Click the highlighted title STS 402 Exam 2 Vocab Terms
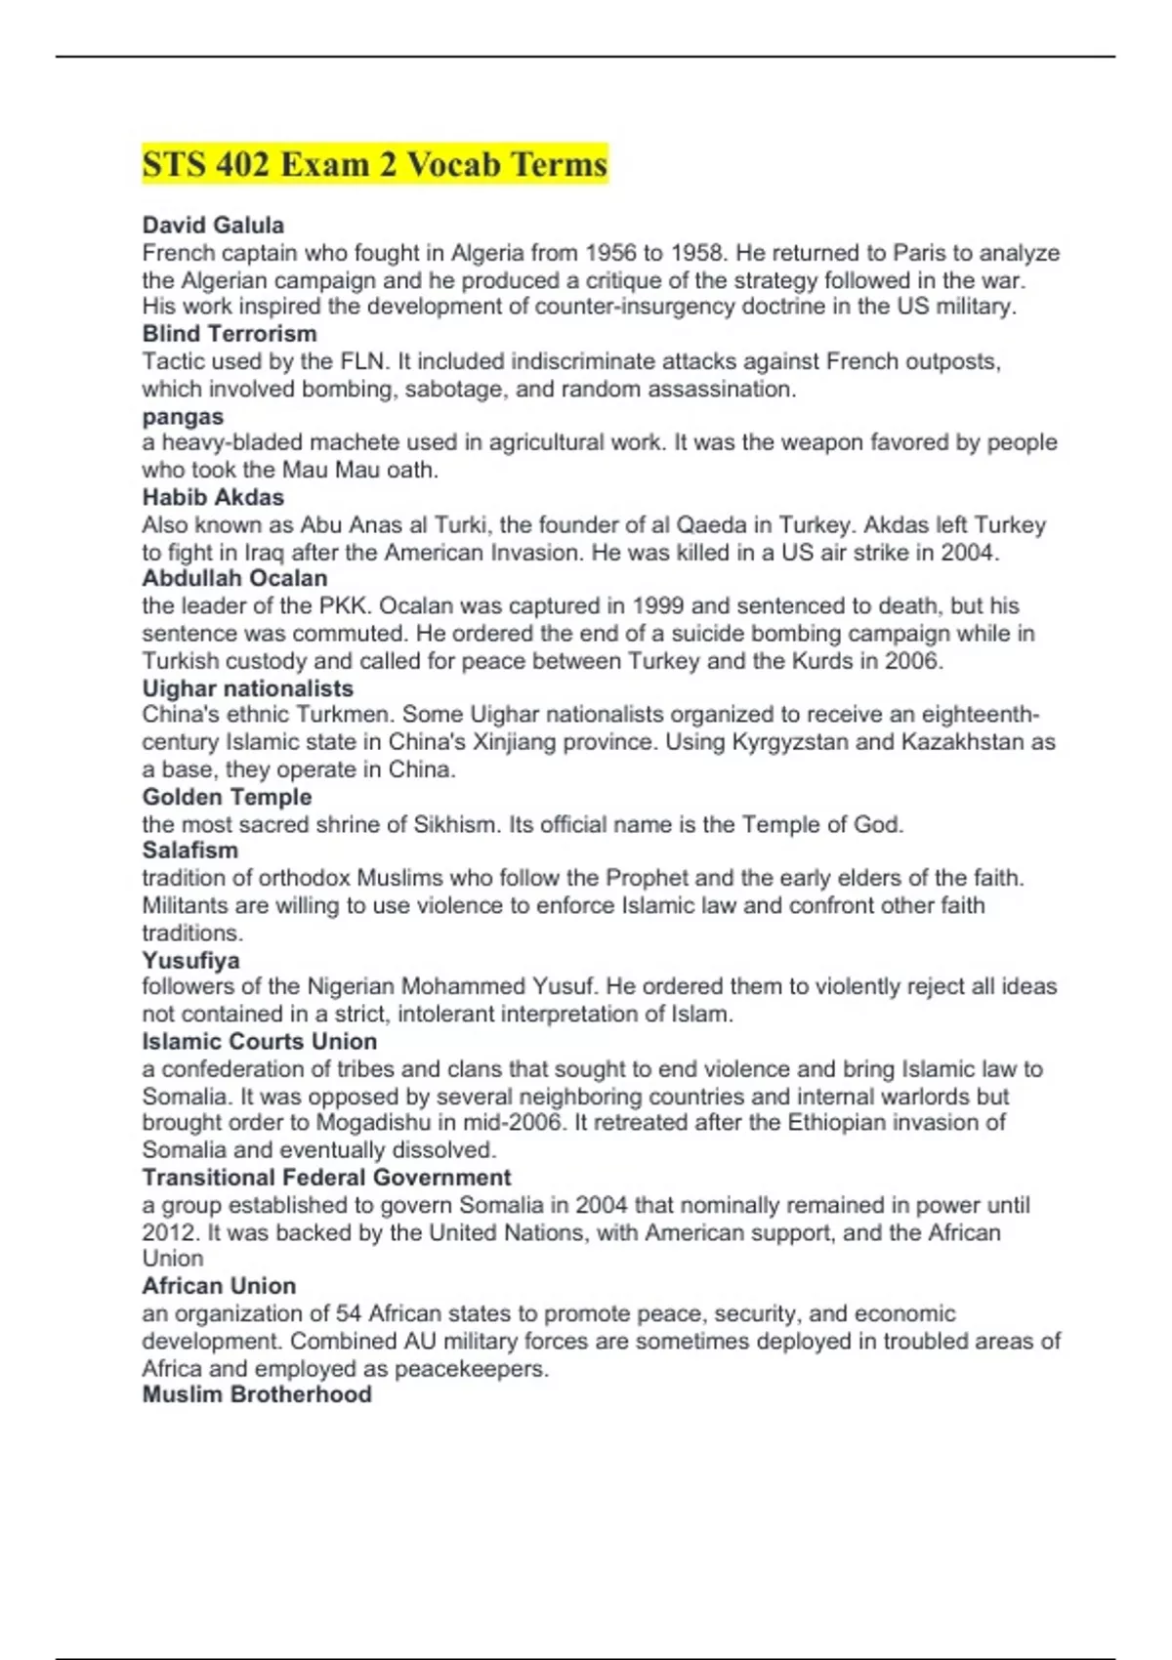[x=375, y=164]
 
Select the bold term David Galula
[x=213, y=226]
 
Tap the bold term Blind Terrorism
[x=230, y=334]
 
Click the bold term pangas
[x=183, y=416]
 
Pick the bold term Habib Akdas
[x=213, y=497]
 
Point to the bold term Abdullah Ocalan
[x=234, y=578]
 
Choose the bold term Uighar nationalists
[x=248, y=688]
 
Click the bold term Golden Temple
[x=227, y=797]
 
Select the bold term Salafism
[x=189, y=851]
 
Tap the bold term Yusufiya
[x=190, y=960]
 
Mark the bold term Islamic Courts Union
[x=259, y=1041]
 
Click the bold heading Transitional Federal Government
[x=326, y=1178]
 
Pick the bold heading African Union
[x=219, y=1286]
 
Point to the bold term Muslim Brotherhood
[x=257, y=1394]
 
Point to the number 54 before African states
[x=349, y=1313]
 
